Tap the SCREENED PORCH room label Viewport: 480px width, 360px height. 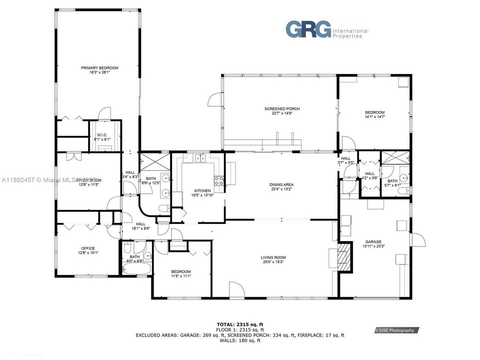click(282, 108)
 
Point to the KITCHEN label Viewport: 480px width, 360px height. click(202, 190)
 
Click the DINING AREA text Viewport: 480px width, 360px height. click(282, 184)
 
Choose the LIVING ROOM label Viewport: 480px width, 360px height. click(273, 258)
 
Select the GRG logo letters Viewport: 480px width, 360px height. click(308, 29)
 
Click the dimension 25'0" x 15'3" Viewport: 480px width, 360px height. click(273, 262)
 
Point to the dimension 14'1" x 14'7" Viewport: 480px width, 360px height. click(374, 116)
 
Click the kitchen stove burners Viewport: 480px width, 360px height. click(219, 180)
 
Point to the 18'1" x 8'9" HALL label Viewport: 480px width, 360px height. click(140, 226)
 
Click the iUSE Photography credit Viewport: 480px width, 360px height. click(396, 330)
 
